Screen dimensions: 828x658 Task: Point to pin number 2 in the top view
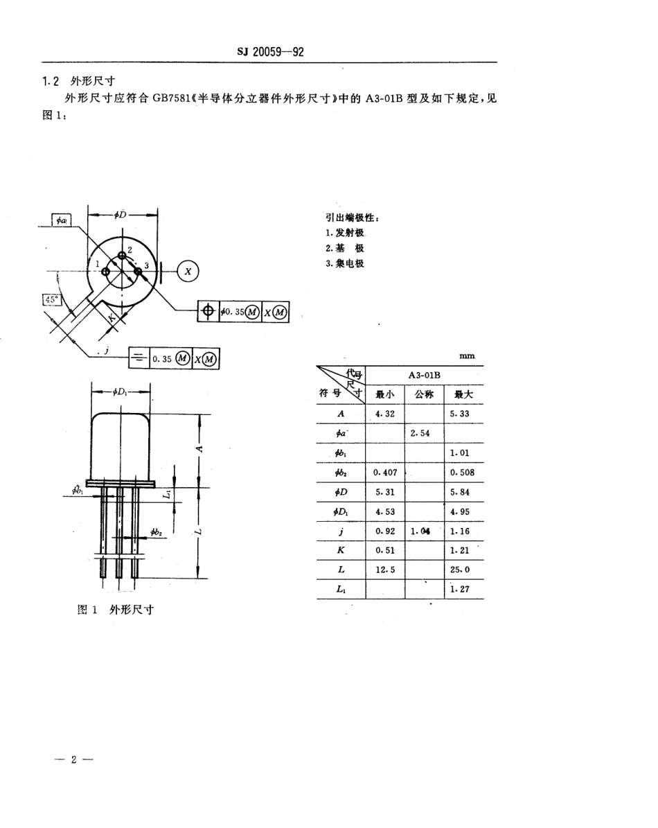[129, 249]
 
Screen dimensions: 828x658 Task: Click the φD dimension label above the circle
[121, 215]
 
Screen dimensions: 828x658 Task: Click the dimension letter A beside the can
[199, 448]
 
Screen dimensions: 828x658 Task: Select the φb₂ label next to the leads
[156, 532]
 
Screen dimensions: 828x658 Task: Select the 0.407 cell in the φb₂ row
[385, 473]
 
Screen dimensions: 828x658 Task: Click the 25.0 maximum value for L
[463, 570]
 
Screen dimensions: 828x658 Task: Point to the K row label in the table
[340, 550]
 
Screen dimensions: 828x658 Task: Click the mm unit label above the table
[466, 356]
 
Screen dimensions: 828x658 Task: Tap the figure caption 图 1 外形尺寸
[116, 610]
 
